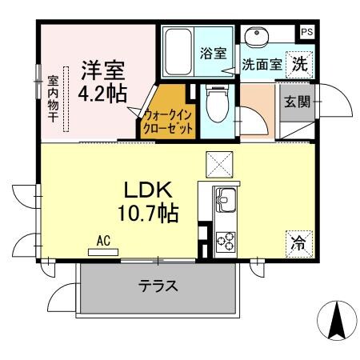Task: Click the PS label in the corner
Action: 307,32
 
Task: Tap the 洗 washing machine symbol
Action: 298,62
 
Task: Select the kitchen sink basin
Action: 225,196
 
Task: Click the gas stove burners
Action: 225,241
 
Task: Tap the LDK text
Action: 148,190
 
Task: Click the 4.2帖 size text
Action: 102,93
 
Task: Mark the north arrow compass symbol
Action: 337,321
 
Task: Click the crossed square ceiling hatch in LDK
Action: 218,165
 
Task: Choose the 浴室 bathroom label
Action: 212,53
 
